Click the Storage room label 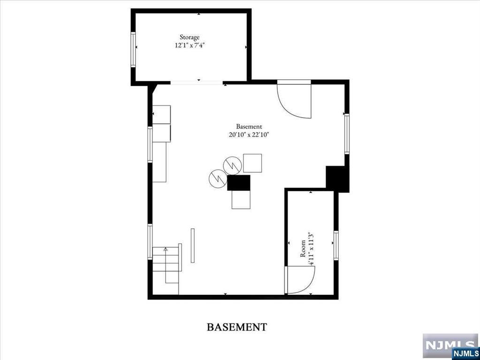pos(190,37)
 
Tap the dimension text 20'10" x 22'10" pos(249,135)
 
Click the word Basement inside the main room pos(249,126)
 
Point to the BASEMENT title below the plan pos(237,327)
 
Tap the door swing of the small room pos(299,280)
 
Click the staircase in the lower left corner pos(167,265)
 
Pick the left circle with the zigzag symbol pos(218,178)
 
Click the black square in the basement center pos(239,183)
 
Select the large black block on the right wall pos(337,179)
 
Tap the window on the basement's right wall pos(347,134)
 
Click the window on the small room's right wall pos(336,245)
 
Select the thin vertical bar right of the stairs pos(192,245)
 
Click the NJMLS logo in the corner pos(450,346)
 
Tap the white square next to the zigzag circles pos(252,163)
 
